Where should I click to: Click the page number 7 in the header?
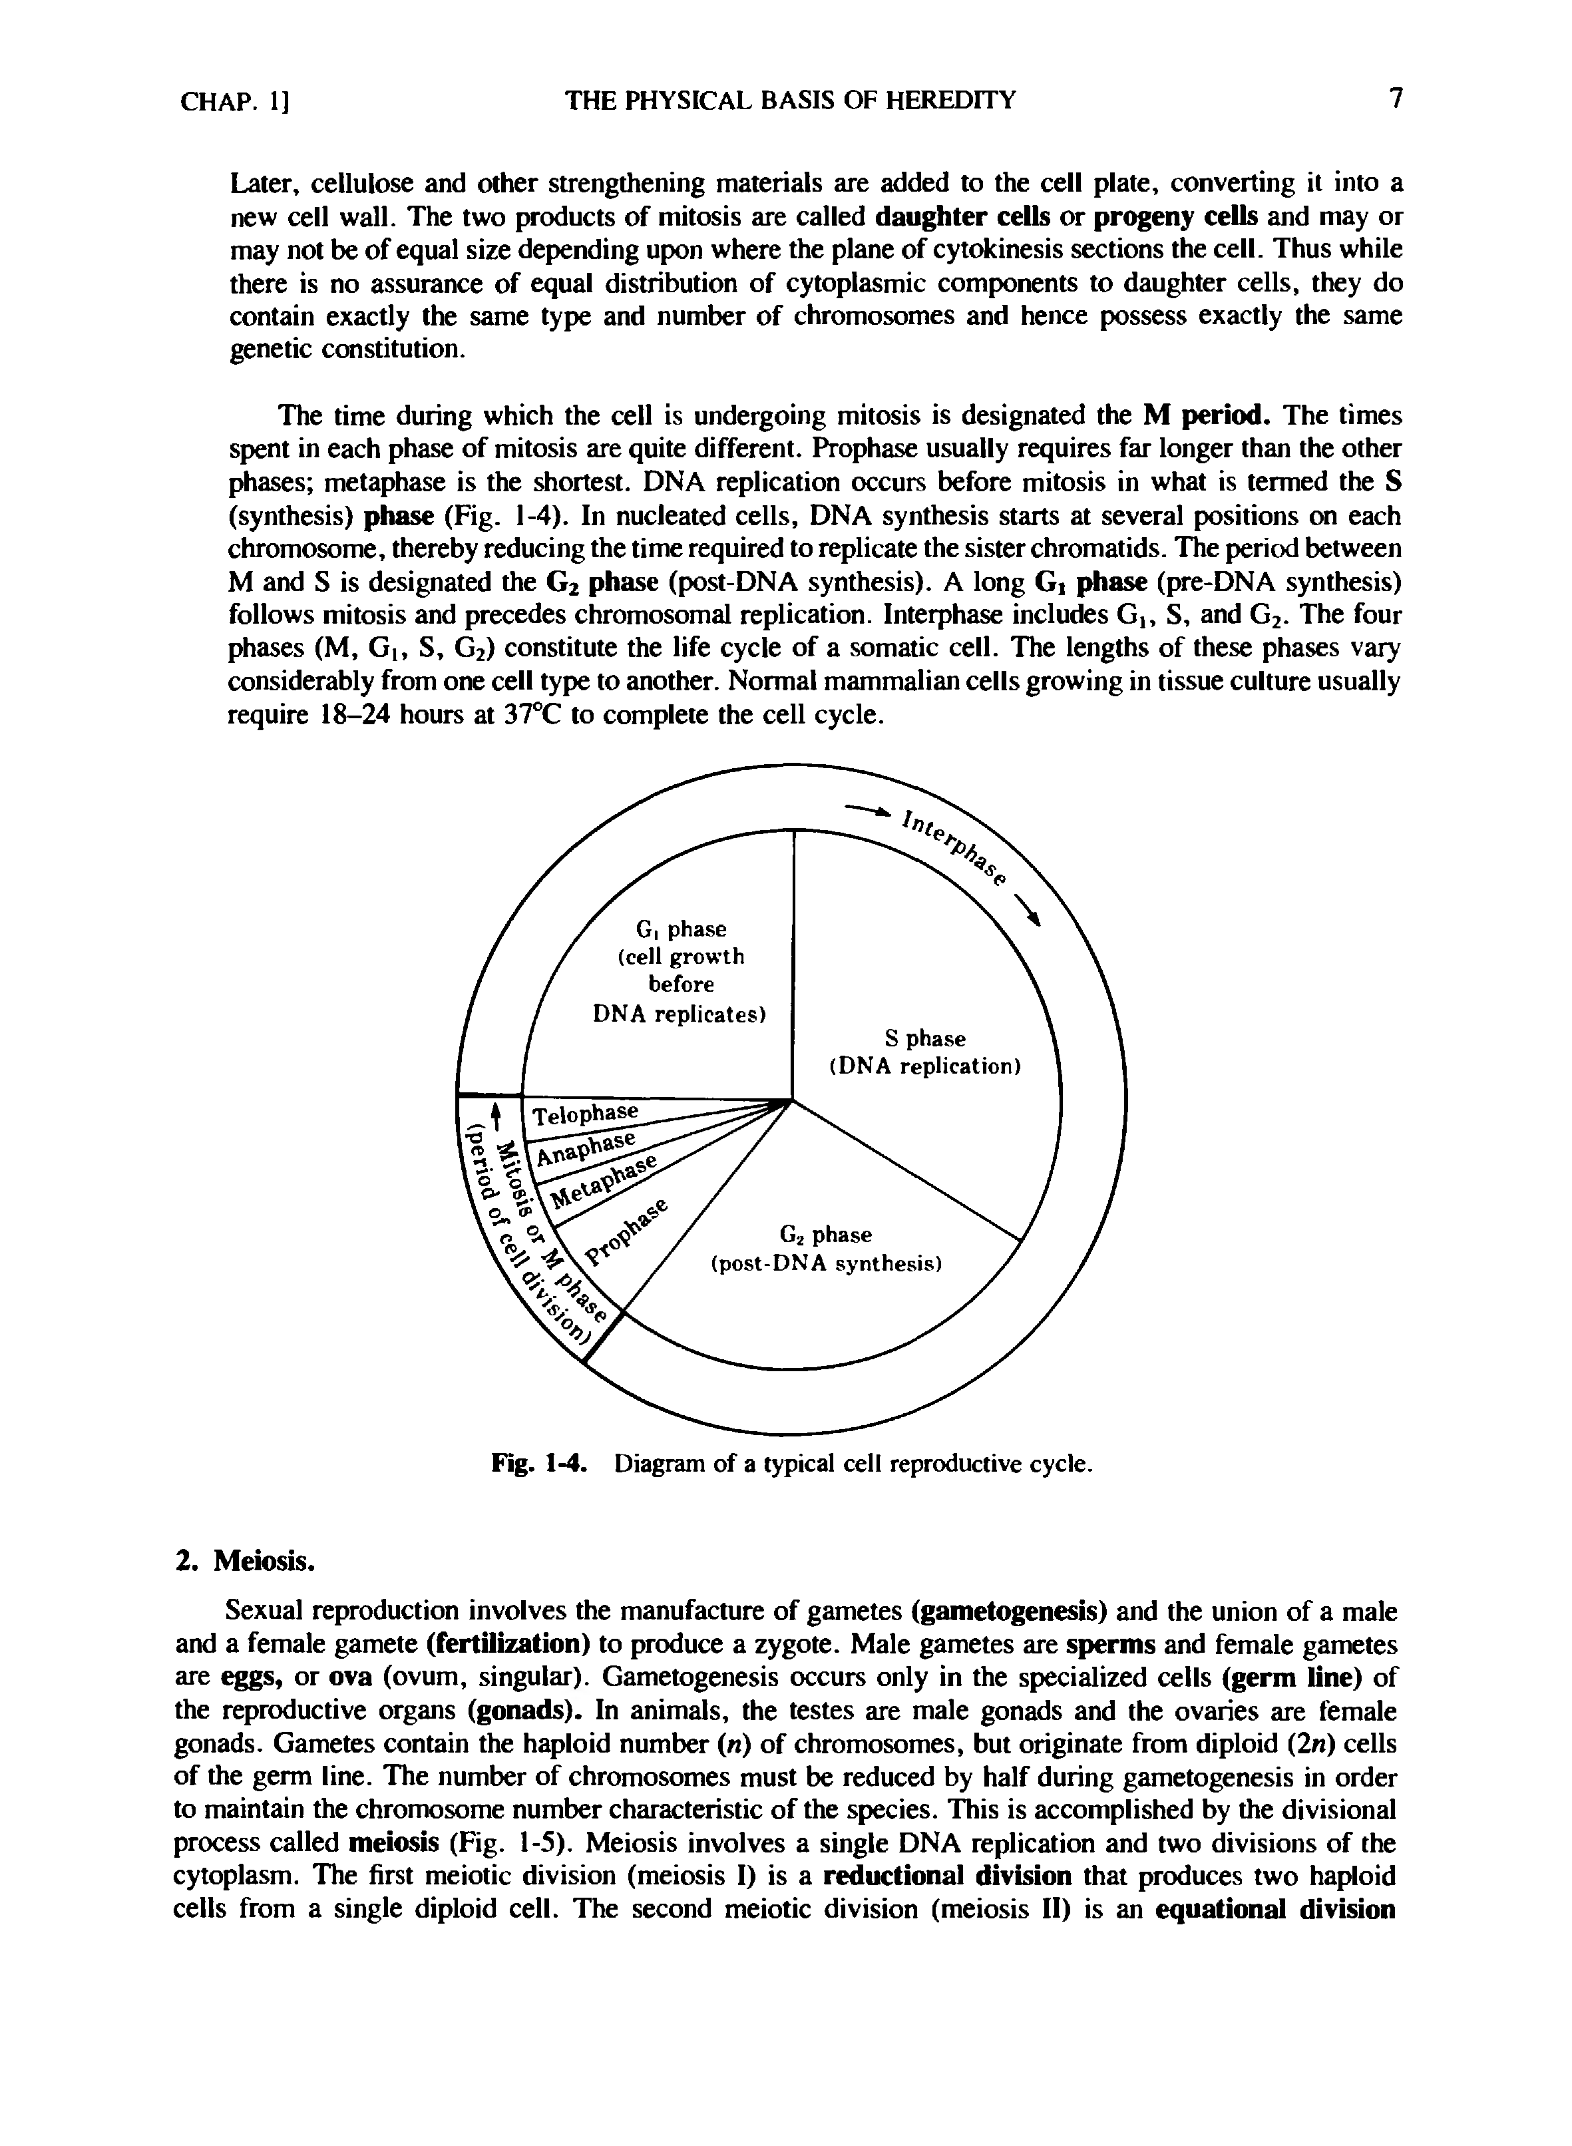point(1395,99)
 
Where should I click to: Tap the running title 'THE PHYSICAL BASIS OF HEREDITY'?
point(791,100)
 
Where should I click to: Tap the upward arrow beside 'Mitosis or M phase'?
point(494,1114)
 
